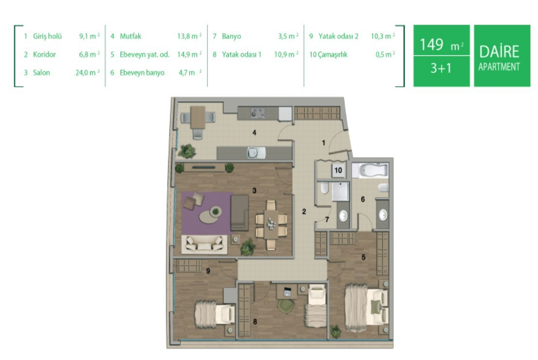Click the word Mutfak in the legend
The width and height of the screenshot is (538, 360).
[x=130, y=36]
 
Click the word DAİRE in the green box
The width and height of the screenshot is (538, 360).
[x=499, y=51]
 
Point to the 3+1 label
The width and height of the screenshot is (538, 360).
[x=441, y=68]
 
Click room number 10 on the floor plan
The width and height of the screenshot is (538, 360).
[x=338, y=171]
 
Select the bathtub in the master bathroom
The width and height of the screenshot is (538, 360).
[x=373, y=171]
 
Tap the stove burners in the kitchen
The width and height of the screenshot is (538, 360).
[x=257, y=113]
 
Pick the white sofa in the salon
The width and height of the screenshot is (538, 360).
[x=204, y=244]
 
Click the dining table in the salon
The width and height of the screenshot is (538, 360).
[x=271, y=224]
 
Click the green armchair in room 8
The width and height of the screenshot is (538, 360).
[x=286, y=306]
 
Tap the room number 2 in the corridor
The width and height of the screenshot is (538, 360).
[x=304, y=212]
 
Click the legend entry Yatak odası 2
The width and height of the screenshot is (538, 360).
[x=338, y=36]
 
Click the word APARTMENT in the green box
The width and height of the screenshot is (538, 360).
[x=499, y=67]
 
